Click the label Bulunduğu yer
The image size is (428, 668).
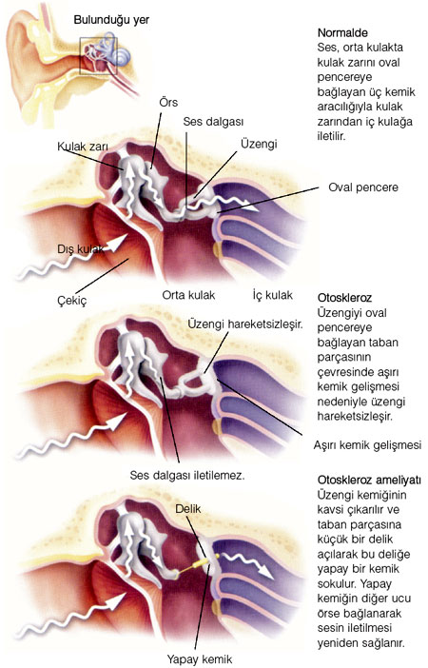[x=111, y=20]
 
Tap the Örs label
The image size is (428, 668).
[x=168, y=103]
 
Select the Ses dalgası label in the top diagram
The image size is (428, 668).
[x=213, y=122]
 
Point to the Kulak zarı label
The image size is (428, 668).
[x=83, y=147]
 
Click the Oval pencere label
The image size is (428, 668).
[x=363, y=187]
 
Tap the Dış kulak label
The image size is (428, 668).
[x=81, y=249]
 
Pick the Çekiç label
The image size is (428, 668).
[x=72, y=300]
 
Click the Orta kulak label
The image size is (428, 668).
[x=188, y=295]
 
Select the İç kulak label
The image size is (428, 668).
[x=273, y=295]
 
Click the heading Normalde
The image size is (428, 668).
[x=342, y=32]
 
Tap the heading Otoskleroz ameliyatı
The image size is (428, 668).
[x=369, y=481]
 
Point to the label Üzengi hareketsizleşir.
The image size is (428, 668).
[x=245, y=324]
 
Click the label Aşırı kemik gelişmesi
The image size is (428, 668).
[x=367, y=445]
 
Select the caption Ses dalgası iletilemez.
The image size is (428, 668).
[x=187, y=476]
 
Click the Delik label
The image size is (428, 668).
[x=187, y=509]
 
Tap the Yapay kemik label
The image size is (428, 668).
[x=200, y=659]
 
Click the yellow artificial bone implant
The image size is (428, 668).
[x=198, y=564]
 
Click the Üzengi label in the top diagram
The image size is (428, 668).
[x=259, y=144]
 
